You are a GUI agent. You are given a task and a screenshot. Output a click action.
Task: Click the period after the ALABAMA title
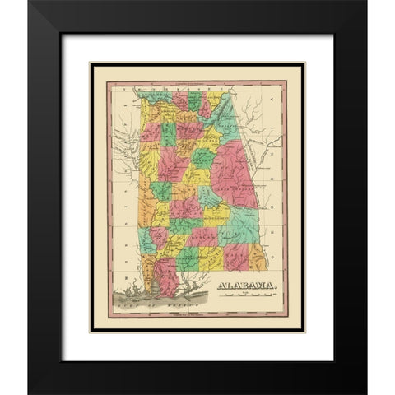pyautogui.click(x=277, y=288)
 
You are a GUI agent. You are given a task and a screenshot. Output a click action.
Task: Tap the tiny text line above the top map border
pyautogui.click(x=197, y=80)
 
